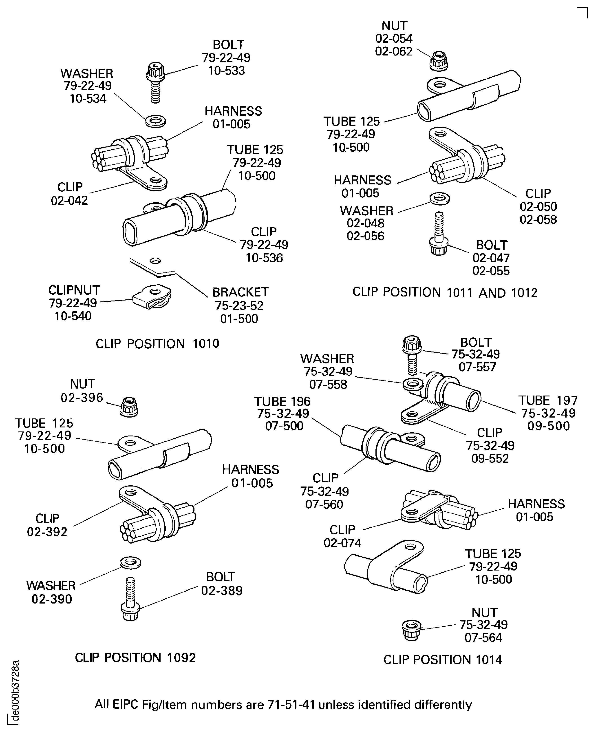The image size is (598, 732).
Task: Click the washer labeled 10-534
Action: (x=155, y=121)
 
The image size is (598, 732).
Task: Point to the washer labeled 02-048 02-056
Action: (x=439, y=199)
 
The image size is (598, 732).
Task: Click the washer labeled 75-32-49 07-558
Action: (x=413, y=384)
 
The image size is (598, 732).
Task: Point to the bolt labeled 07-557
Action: (x=412, y=356)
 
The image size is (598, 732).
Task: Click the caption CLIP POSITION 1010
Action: (x=157, y=344)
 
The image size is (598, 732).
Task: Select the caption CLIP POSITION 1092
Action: (x=135, y=658)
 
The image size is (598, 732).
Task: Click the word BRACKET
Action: (x=240, y=292)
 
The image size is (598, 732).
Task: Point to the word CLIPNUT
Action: (x=74, y=290)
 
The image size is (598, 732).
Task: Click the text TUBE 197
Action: (x=548, y=400)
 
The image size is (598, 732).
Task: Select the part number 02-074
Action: (x=342, y=543)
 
